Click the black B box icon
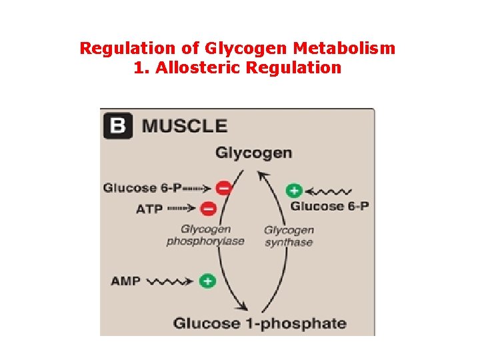118,125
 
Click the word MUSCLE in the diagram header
185,125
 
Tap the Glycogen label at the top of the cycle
253,153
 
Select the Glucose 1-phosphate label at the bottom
260,324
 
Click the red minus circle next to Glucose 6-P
225,188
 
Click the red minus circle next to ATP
208,209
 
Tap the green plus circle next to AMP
208,281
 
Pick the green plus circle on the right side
294,191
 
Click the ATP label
149,209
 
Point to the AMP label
125,281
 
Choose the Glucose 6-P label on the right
330,206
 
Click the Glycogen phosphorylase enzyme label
205,235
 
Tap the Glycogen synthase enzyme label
289,236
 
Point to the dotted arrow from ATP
181,209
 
